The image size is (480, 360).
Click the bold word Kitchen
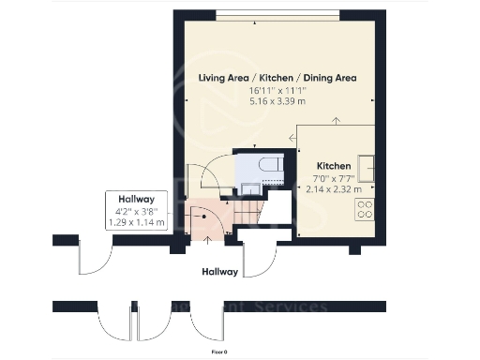tap(334, 164)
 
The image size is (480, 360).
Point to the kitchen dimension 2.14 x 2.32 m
tap(334, 187)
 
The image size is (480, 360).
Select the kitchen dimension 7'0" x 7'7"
tap(334, 176)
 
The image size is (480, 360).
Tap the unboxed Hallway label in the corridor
tap(221, 272)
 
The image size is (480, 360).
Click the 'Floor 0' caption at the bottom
tap(218, 351)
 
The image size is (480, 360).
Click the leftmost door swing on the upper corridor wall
tap(96, 258)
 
